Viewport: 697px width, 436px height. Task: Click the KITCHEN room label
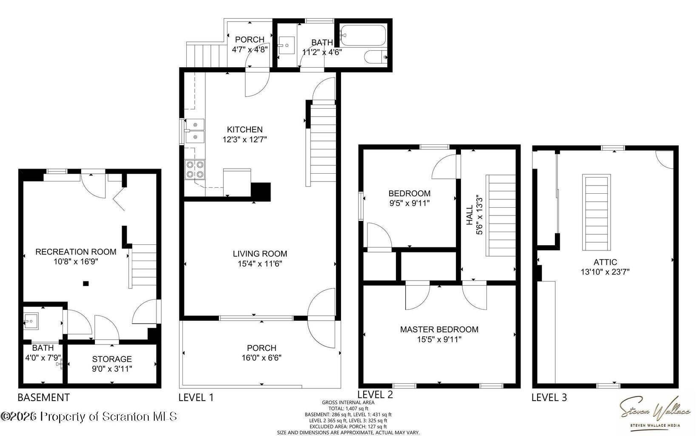point(245,129)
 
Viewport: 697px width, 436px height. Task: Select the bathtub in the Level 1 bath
point(363,36)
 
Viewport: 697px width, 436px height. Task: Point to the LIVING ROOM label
point(260,254)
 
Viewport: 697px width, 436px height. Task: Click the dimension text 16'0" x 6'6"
point(262,358)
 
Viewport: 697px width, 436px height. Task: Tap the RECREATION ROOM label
point(76,252)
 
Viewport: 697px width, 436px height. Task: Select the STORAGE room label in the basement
point(112,359)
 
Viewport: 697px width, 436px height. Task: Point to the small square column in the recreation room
point(86,283)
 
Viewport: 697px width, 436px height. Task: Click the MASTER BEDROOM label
point(439,329)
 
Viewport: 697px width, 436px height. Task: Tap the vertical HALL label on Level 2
point(469,215)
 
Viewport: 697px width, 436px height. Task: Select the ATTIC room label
point(605,262)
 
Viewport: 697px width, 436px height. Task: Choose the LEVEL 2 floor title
point(375,395)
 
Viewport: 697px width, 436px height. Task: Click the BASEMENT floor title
point(43,397)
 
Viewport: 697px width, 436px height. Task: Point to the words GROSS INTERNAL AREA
point(348,402)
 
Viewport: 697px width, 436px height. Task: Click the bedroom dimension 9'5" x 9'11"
point(410,203)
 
